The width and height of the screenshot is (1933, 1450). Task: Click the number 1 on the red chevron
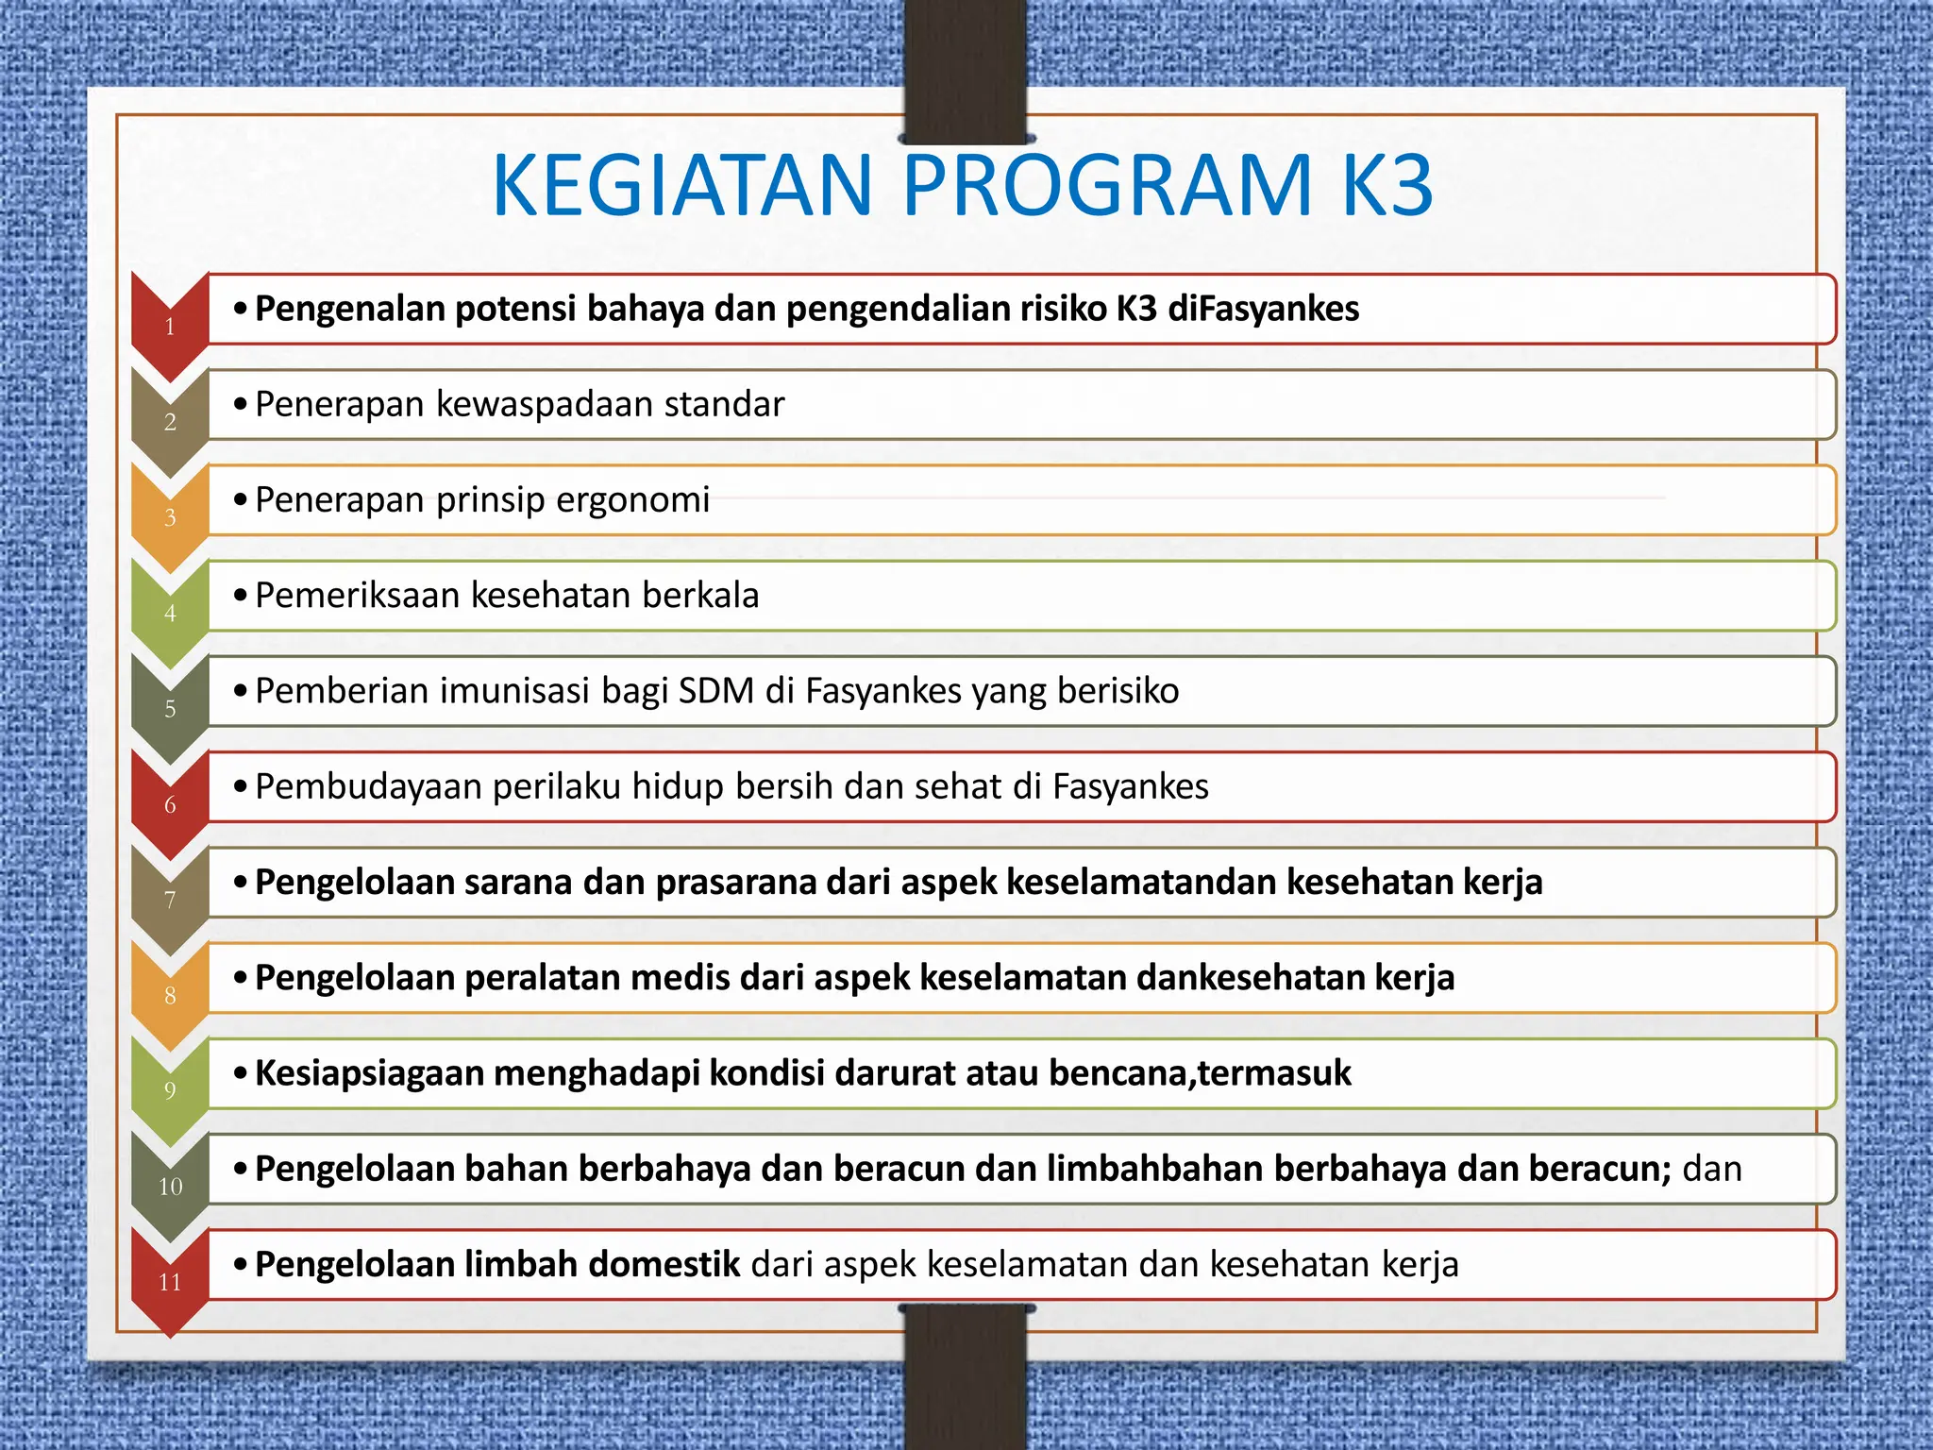170,328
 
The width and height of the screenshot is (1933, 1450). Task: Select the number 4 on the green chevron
170,614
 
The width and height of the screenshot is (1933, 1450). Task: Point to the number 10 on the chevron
170,1187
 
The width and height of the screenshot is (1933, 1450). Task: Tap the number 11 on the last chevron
170,1282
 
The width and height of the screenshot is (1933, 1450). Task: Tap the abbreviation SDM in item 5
715,691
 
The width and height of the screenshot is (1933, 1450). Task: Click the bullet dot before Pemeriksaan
241,596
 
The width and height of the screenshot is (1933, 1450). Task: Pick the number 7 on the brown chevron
170,900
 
